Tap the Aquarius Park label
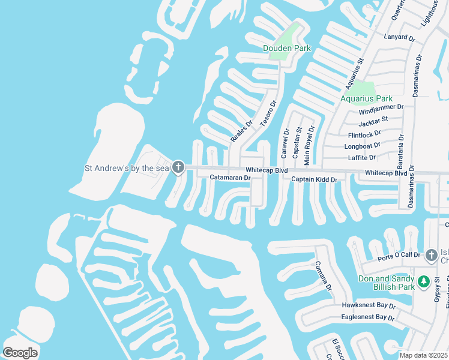[366, 98]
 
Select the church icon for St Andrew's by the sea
[178, 167]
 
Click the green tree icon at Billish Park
[423, 281]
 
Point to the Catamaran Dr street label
[230, 178]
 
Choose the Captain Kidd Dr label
[315, 179]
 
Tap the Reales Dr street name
[241, 131]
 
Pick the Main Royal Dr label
[309, 146]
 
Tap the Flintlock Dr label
[364, 134]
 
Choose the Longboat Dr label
[362, 146]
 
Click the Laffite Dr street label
[362, 157]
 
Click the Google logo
[20, 352]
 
